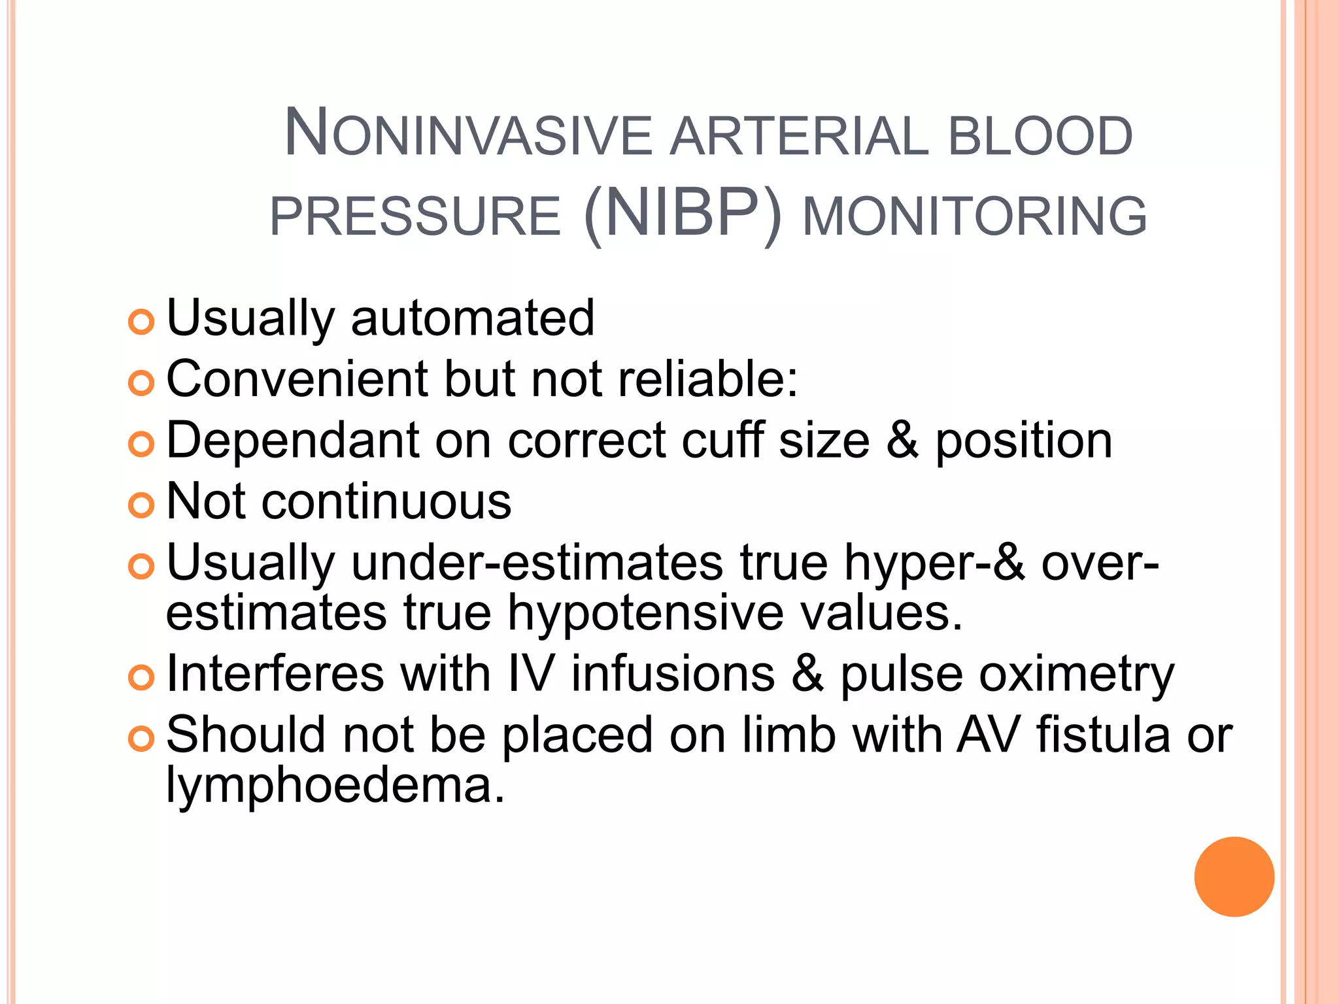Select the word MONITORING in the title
coord(974,216)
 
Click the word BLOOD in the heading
coord(1040,136)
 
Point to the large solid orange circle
coord(1234,877)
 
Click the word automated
coord(472,318)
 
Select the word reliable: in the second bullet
coord(708,379)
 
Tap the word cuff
coord(723,440)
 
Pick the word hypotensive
coord(645,613)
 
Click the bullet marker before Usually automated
coord(141,322)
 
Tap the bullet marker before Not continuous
coord(141,505)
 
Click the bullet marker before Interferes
coord(141,677)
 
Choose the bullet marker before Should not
coord(141,739)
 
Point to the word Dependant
coord(292,440)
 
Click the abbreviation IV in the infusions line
coord(530,674)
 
